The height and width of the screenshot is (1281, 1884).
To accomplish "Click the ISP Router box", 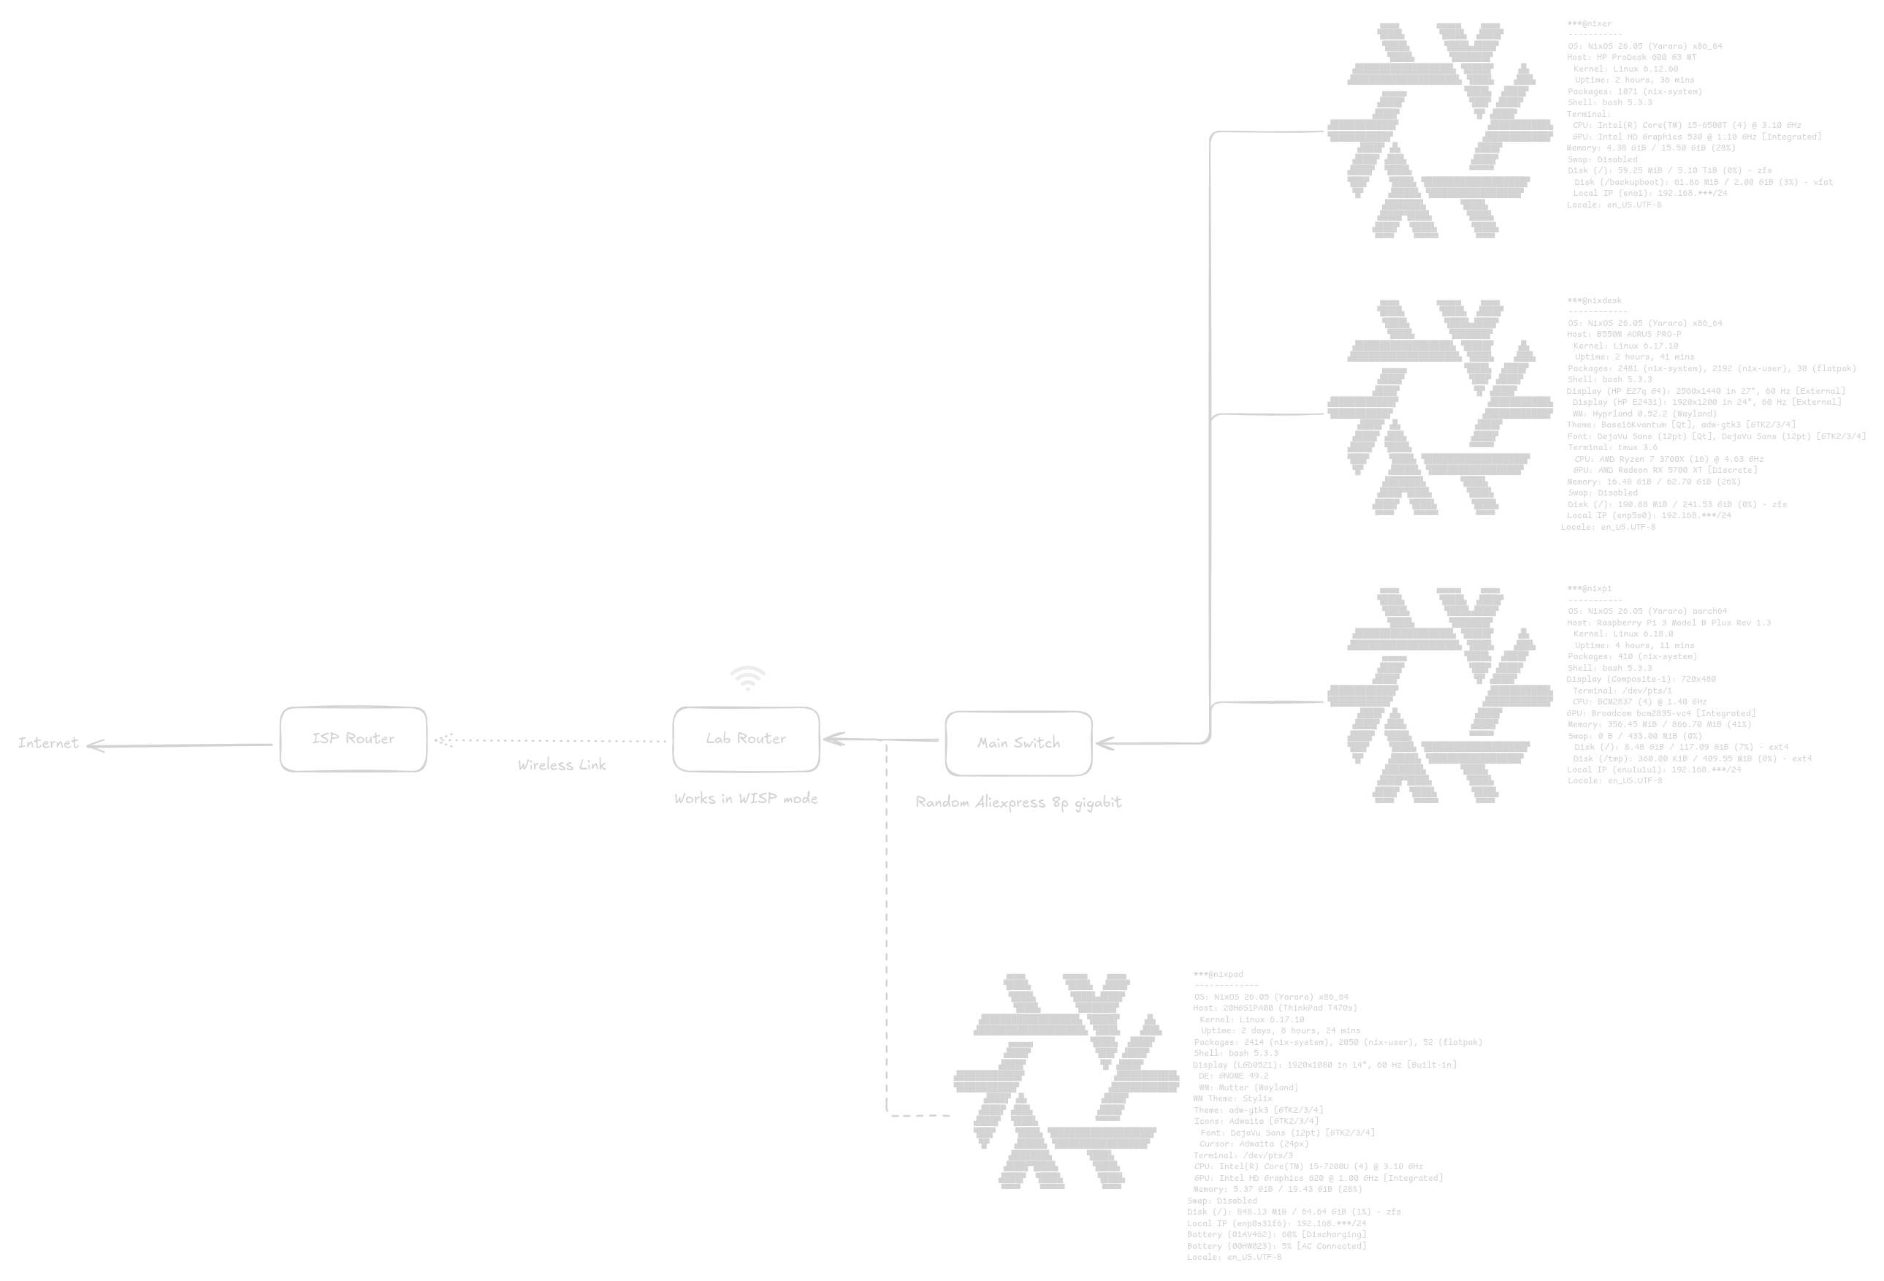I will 353,739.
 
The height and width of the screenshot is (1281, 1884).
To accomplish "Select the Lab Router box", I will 746,739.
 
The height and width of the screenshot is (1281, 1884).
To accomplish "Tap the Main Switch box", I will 1018,742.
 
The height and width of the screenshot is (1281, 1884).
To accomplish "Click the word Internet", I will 49,742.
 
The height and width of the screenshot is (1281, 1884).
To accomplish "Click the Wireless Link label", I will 562,764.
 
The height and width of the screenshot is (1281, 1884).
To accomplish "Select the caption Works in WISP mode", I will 746,799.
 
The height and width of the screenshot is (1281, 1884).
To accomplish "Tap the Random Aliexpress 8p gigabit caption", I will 1018,802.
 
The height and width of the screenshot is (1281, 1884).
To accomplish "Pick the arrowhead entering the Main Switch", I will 1104,742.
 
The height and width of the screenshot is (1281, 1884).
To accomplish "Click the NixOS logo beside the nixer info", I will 1441,130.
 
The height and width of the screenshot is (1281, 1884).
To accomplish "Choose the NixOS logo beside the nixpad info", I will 1066,1081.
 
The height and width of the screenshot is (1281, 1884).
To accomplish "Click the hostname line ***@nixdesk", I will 1593,301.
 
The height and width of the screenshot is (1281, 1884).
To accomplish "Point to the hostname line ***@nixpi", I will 1589,588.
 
